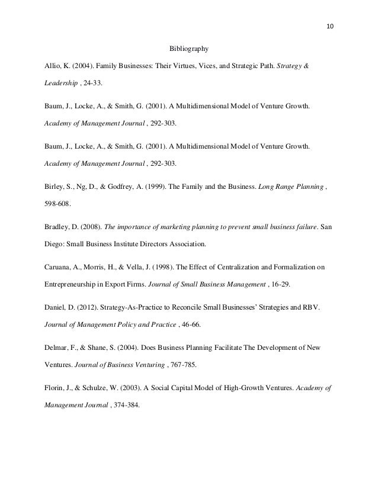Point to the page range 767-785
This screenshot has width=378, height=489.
pyautogui.click(x=159, y=365)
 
